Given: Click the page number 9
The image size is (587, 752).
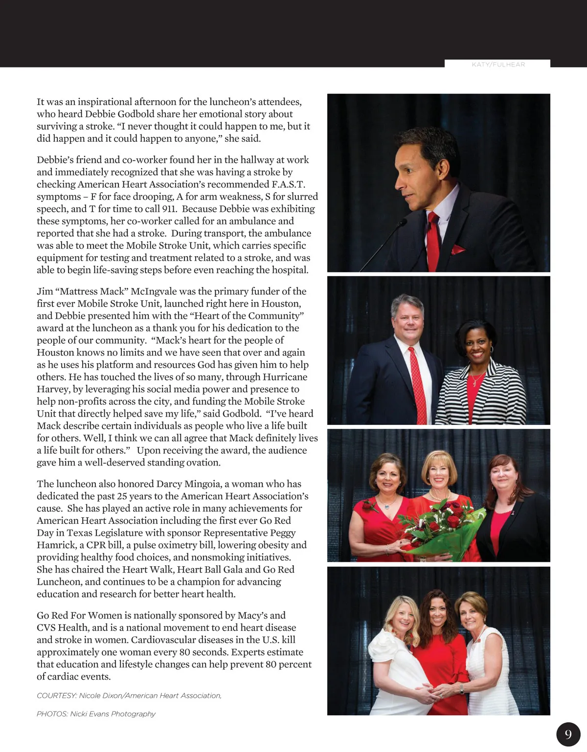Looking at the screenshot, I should pos(568,734).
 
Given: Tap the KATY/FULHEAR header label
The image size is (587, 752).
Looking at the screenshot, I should pos(498,65).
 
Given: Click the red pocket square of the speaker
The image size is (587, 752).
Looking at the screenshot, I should pos(458,250).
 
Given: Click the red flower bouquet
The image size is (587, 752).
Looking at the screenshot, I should pos(440,531).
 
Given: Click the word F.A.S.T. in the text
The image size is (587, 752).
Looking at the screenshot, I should pos(288,184).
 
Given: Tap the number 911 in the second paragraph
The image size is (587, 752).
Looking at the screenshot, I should pos(169,209).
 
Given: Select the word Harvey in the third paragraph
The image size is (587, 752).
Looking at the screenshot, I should pos(52,389).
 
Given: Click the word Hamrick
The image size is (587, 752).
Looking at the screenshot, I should pos(56,545).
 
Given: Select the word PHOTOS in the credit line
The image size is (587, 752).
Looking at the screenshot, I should pos(52,714).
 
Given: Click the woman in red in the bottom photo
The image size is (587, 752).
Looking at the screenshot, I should pos(438,650).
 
